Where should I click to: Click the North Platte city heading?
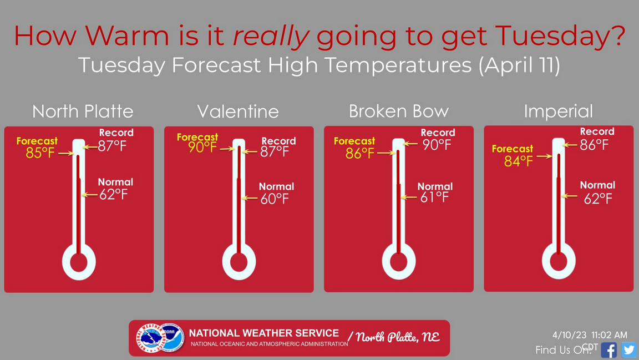click(83, 111)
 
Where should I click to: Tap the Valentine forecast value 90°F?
click(202, 147)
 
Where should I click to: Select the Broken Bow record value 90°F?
click(437, 145)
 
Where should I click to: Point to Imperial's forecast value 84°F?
click(519, 161)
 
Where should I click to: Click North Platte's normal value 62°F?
click(113, 195)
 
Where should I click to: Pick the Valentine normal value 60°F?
click(275, 199)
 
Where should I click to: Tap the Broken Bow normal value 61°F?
click(434, 197)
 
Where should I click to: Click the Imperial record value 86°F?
click(594, 145)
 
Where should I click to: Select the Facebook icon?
click(609, 350)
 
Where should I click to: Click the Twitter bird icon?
click(629, 350)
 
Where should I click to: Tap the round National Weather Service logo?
click(151, 338)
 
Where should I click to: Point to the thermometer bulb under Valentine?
click(239, 262)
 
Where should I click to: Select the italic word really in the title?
click(271, 36)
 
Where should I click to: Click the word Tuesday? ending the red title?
click(560, 36)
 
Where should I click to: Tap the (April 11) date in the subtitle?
click(520, 65)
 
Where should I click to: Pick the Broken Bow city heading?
click(399, 111)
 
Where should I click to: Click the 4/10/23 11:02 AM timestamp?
click(590, 335)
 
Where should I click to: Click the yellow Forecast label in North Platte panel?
click(37, 141)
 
